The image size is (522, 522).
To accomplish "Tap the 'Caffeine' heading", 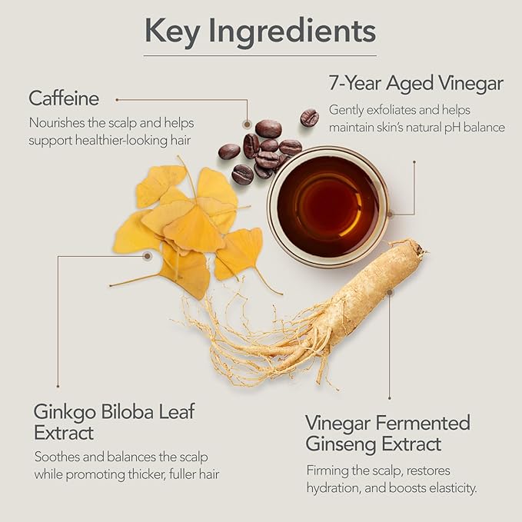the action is coord(64,98).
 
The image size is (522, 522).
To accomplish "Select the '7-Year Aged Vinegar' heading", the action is coord(416,83).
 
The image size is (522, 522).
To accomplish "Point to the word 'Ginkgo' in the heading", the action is coord(65,413).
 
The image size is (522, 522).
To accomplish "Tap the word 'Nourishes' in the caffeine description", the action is coord(57,123).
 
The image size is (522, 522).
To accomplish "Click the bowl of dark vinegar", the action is coord(328,207).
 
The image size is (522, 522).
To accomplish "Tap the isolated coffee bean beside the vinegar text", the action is coord(310,118).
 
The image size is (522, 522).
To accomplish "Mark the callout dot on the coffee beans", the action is coord(247,125).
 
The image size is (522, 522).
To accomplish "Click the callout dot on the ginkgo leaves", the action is coord(147,256).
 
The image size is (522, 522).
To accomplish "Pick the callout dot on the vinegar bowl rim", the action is coord(391,214).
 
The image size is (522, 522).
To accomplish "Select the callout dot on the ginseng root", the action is coord(390,292).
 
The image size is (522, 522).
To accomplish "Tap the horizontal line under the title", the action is coord(261,55).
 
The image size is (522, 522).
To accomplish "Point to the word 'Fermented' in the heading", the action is coord(424,423).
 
